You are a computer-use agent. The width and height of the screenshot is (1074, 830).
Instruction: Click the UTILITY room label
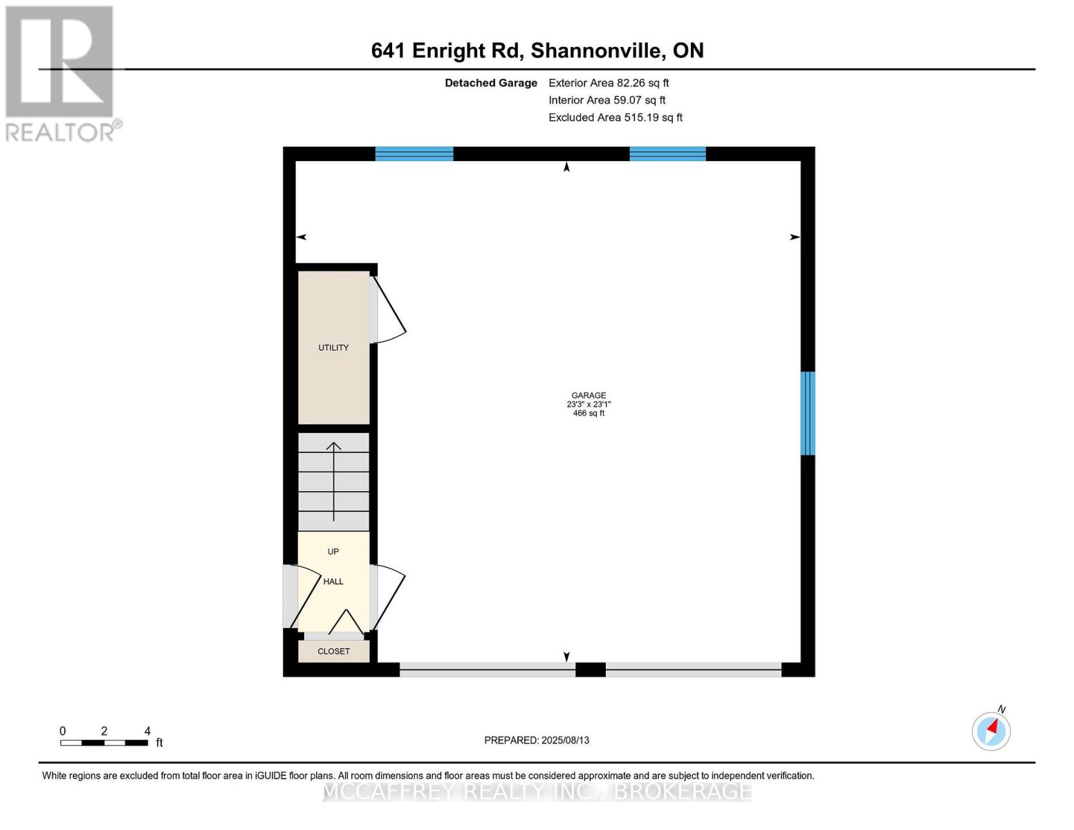coord(333,348)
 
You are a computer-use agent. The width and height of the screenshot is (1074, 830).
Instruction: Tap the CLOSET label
coord(333,652)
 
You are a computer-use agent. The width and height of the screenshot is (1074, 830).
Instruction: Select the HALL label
coord(333,582)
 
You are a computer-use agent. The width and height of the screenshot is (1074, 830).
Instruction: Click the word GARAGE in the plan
coord(589,396)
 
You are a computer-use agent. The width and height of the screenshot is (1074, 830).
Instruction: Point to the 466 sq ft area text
coord(589,414)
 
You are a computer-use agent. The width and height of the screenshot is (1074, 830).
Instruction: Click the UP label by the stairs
coord(333,552)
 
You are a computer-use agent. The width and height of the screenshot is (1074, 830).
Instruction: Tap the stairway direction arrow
coord(334,481)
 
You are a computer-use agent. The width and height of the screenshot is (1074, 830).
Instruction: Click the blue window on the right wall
coord(808,414)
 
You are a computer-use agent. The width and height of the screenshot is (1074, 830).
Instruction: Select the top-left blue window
coord(414,154)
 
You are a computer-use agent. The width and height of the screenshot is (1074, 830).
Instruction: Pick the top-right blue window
coord(667,154)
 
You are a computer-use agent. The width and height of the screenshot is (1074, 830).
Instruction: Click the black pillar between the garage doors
coord(591,670)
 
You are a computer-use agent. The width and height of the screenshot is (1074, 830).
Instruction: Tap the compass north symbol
coord(992,730)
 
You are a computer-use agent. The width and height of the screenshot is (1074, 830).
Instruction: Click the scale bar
coord(104,743)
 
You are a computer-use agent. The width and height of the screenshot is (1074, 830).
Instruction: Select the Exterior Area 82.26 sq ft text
coord(609,83)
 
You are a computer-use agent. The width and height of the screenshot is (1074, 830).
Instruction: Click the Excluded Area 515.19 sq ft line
coord(615,118)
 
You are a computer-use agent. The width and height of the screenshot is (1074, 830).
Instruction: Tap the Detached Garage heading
coord(490,83)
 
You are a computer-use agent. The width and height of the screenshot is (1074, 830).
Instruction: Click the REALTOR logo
coord(61,73)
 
